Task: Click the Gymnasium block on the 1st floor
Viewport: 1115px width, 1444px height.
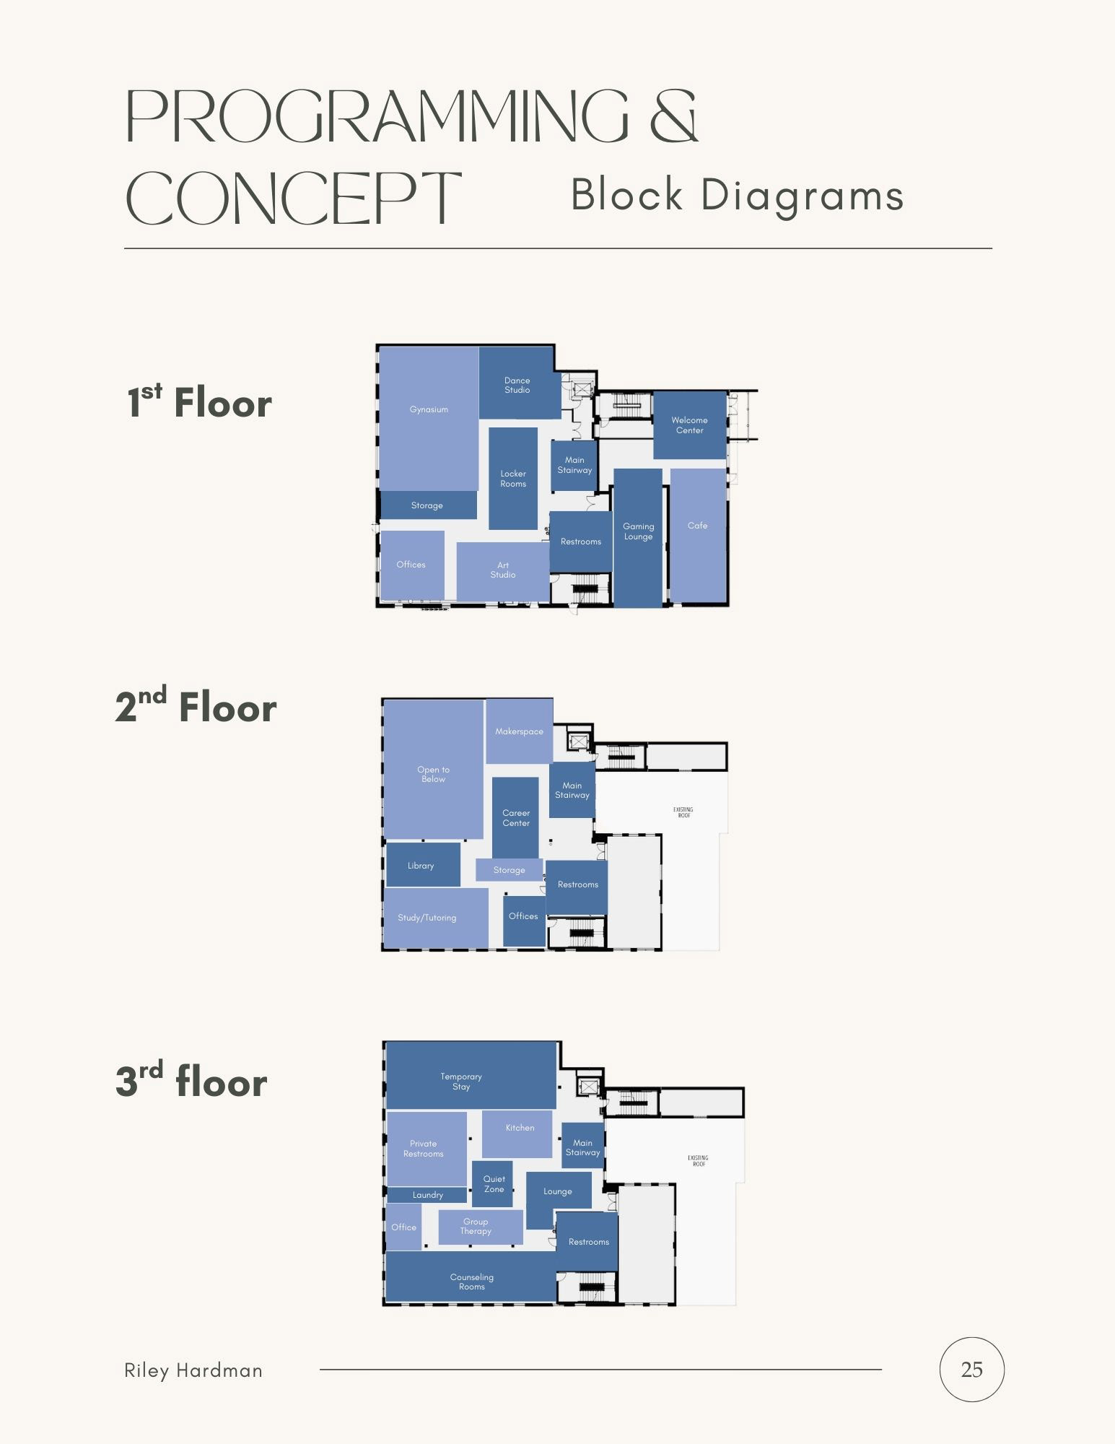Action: click(x=429, y=419)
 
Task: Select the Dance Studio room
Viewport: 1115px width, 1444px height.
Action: click(x=517, y=384)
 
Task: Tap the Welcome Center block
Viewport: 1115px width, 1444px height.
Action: click(x=689, y=425)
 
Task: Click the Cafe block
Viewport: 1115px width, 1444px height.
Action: click(x=698, y=534)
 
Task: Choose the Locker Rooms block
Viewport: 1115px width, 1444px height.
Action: click(x=513, y=479)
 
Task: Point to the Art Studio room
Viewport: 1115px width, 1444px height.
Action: click(x=503, y=570)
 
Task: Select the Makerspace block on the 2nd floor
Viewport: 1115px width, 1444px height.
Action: click(x=519, y=731)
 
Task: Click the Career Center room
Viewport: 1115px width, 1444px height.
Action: click(x=516, y=817)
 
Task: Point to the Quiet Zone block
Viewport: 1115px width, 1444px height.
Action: click(x=493, y=1184)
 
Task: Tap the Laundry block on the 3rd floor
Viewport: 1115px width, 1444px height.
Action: click(x=427, y=1195)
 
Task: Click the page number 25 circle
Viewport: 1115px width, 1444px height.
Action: click(x=971, y=1370)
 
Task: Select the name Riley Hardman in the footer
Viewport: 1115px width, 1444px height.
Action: click(x=193, y=1370)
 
